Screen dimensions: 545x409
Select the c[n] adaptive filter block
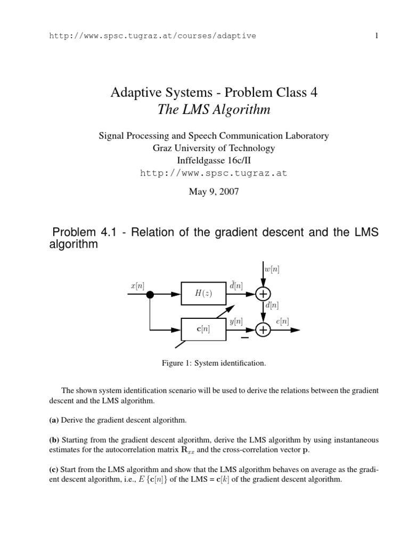[203, 329]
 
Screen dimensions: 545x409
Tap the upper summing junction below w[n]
[263, 294]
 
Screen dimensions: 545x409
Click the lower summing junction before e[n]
[263, 330]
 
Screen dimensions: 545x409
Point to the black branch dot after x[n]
[150, 294]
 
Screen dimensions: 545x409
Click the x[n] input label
[137, 286]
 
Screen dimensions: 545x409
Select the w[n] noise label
[272, 270]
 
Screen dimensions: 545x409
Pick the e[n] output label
[283, 321]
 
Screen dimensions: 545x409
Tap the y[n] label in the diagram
[236, 321]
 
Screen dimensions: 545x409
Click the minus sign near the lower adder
[245, 337]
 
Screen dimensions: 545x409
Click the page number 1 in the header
[377, 36]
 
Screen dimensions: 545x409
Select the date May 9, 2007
[214, 192]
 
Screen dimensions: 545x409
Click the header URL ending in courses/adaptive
[152, 36]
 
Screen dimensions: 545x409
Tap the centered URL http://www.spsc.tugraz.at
[214, 173]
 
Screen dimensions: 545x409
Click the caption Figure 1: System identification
[214, 363]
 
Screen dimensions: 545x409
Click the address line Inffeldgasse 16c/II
[214, 160]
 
